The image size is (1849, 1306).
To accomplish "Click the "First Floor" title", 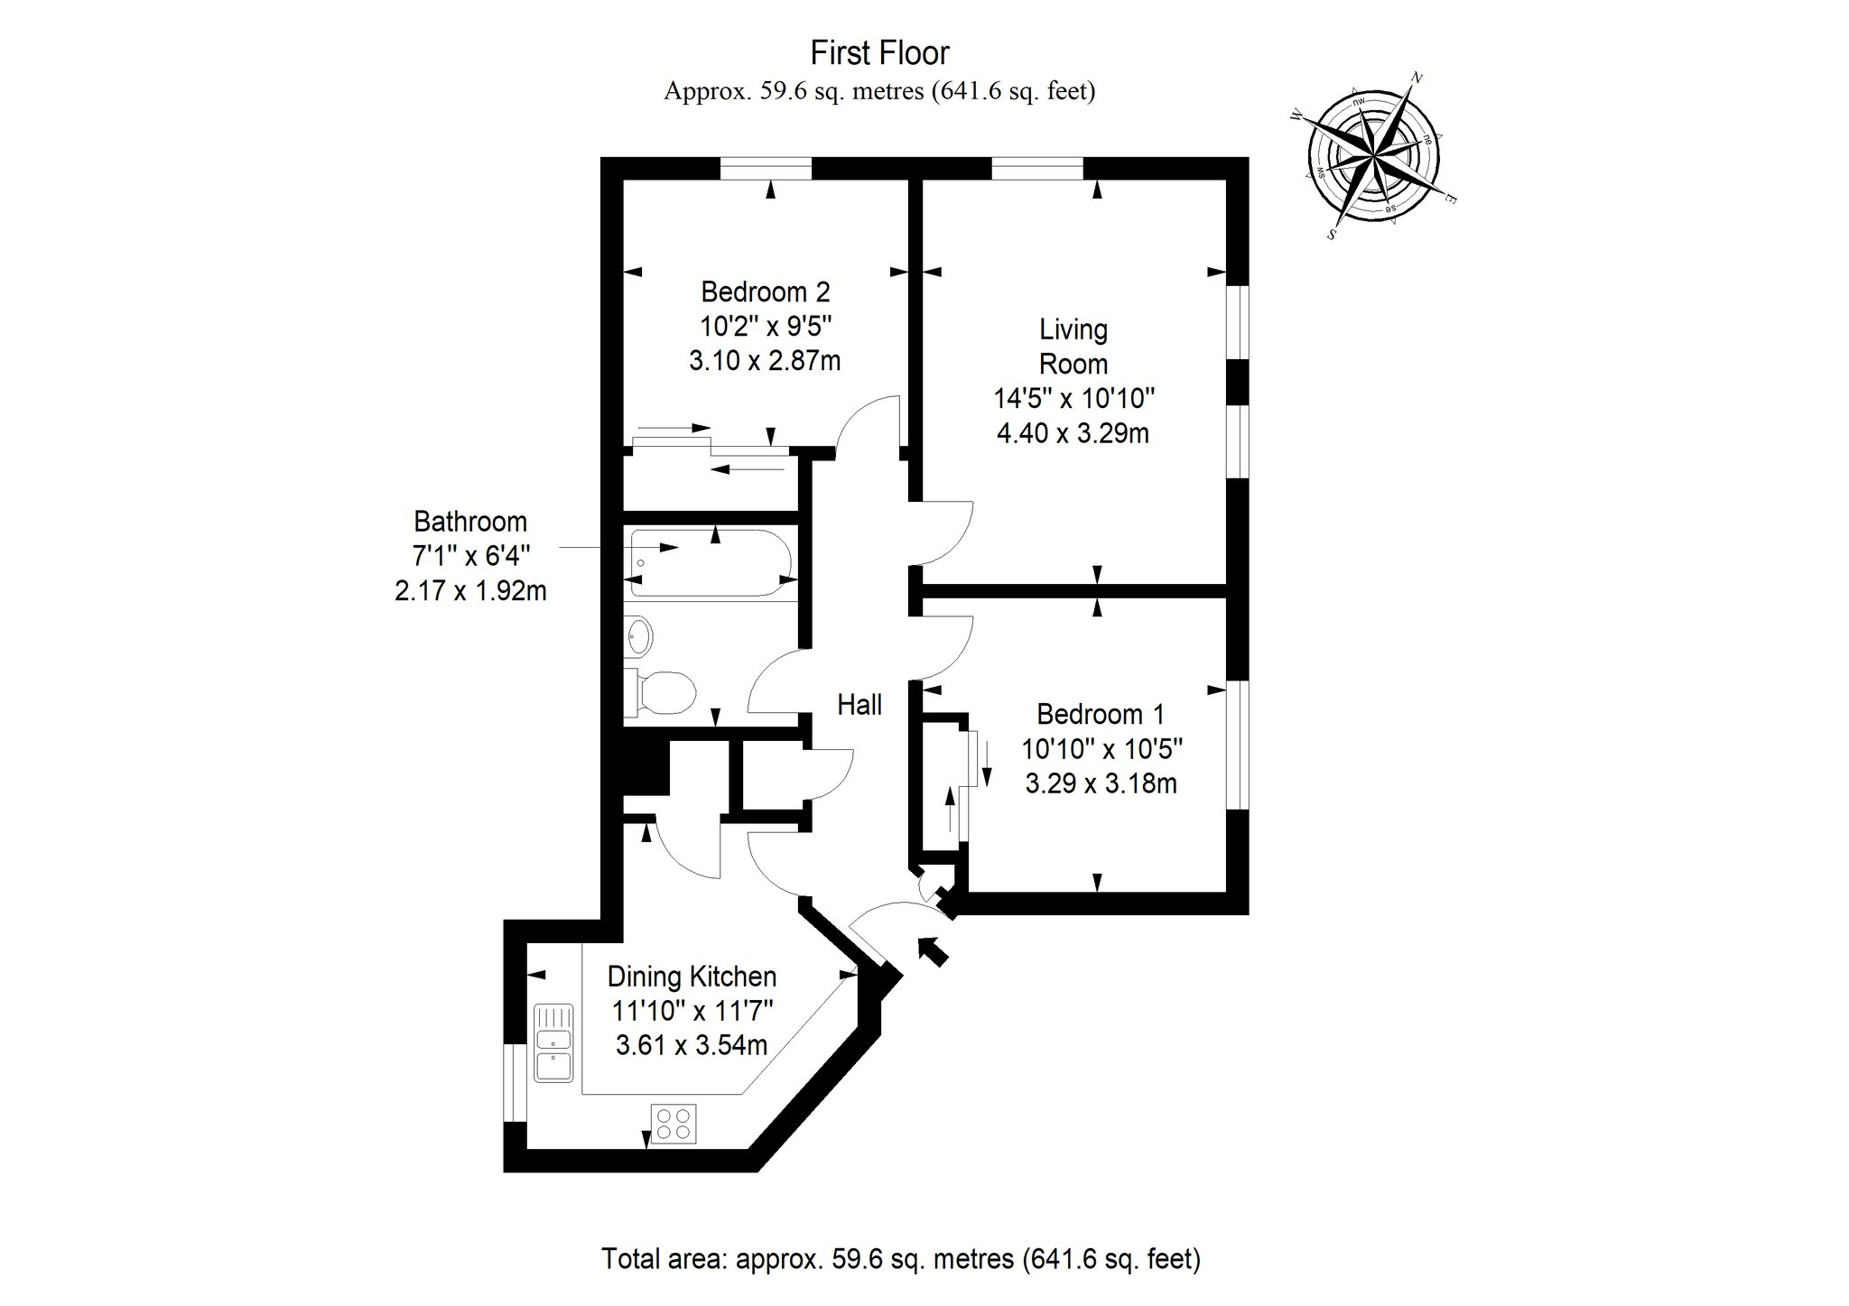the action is click(879, 53).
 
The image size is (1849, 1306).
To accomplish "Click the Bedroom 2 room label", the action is click(765, 292).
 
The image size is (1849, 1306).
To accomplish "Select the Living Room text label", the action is click(1073, 347).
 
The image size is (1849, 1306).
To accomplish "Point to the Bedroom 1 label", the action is click(1101, 714).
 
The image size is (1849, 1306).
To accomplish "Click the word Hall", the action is click(859, 704).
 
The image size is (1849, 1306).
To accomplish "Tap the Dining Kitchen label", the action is click(692, 977).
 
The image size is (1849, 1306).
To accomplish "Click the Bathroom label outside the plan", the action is click(470, 522).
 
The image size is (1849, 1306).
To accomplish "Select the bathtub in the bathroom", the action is click(712, 563).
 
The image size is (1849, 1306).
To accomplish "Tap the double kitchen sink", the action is click(553, 1042).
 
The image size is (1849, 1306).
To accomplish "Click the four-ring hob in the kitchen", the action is click(674, 1124).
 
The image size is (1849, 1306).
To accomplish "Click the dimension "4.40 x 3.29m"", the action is click(1073, 433).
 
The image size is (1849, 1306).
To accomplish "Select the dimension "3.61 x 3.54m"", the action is click(692, 1045).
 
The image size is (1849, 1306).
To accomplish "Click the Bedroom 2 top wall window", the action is click(766, 169).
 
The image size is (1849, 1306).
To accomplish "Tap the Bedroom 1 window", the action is click(1238, 745).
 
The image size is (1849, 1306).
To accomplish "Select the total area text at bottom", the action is click(901, 1258).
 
